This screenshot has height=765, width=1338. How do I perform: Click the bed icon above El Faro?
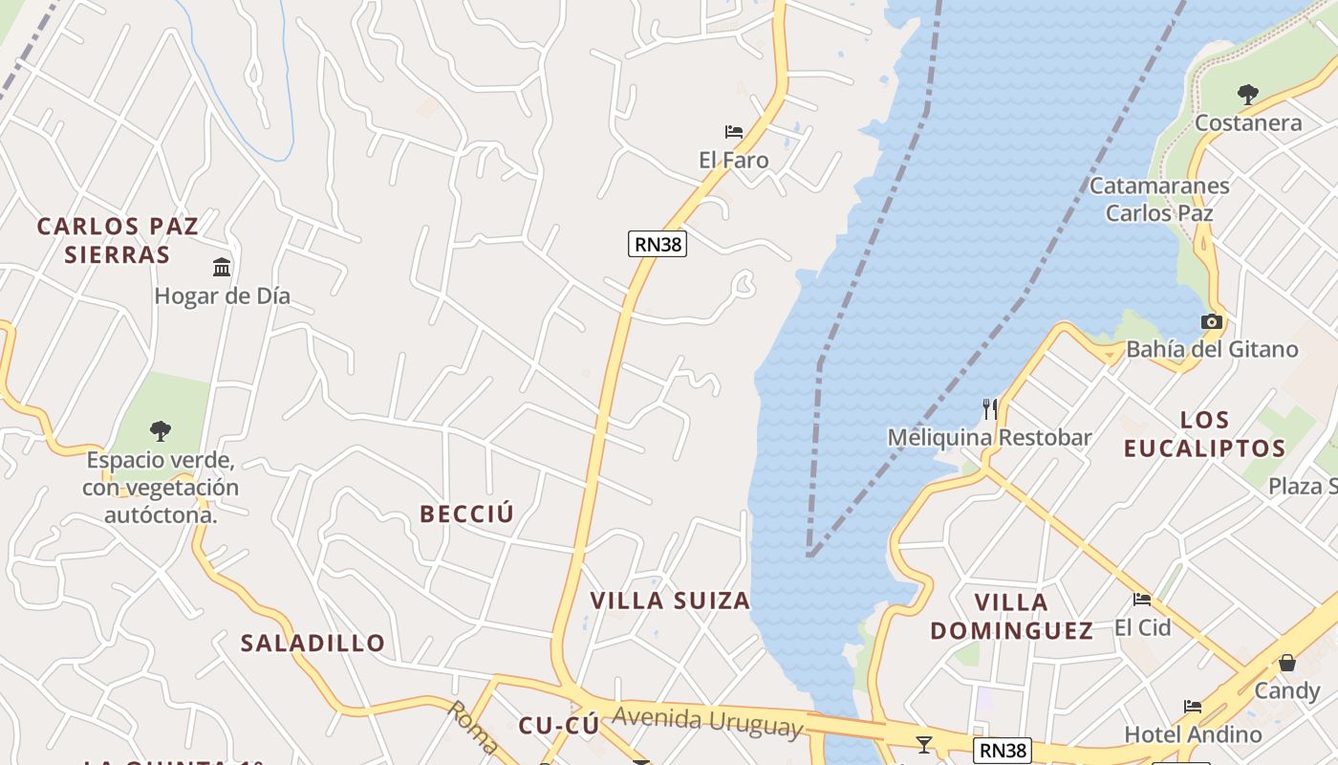(x=734, y=132)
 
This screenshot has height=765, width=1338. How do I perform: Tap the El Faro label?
(x=734, y=161)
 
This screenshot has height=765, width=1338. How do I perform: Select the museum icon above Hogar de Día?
(x=222, y=267)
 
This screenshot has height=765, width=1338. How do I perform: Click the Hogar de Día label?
(x=222, y=296)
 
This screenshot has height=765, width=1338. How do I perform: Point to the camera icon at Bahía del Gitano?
(x=1212, y=322)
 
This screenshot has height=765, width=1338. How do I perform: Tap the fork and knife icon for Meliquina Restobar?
(x=990, y=409)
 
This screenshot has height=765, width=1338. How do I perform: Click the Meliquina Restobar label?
(x=989, y=438)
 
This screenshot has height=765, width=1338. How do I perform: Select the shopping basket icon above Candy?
(x=1287, y=662)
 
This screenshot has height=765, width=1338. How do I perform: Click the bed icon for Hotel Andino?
(x=1193, y=707)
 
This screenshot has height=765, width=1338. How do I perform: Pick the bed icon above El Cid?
(x=1142, y=600)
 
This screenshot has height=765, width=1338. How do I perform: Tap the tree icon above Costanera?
(x=1247, y=94)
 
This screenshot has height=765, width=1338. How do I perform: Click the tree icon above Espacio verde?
(x=161, y=431)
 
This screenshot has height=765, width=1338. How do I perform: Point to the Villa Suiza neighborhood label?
(x=670, y=601)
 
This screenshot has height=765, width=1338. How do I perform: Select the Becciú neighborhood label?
(x=467, y=514)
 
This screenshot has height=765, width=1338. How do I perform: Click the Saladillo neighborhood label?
(x=313, y=643)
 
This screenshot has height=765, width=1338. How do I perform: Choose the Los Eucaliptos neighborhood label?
(x=1204, y=434)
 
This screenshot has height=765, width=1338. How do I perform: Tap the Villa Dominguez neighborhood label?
(x=1012, y=617)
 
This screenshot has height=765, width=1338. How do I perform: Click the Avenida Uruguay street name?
(x=707, y=722)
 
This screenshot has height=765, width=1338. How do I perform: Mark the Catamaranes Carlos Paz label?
(x=1159, y=199)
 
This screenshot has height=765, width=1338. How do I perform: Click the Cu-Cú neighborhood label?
(x=559, y=726)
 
